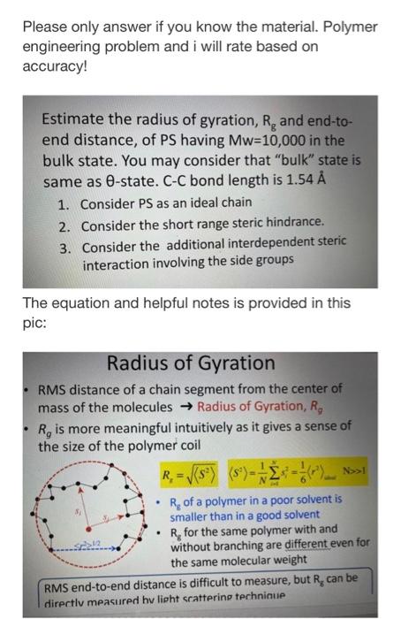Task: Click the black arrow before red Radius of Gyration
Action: pos(185,408)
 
